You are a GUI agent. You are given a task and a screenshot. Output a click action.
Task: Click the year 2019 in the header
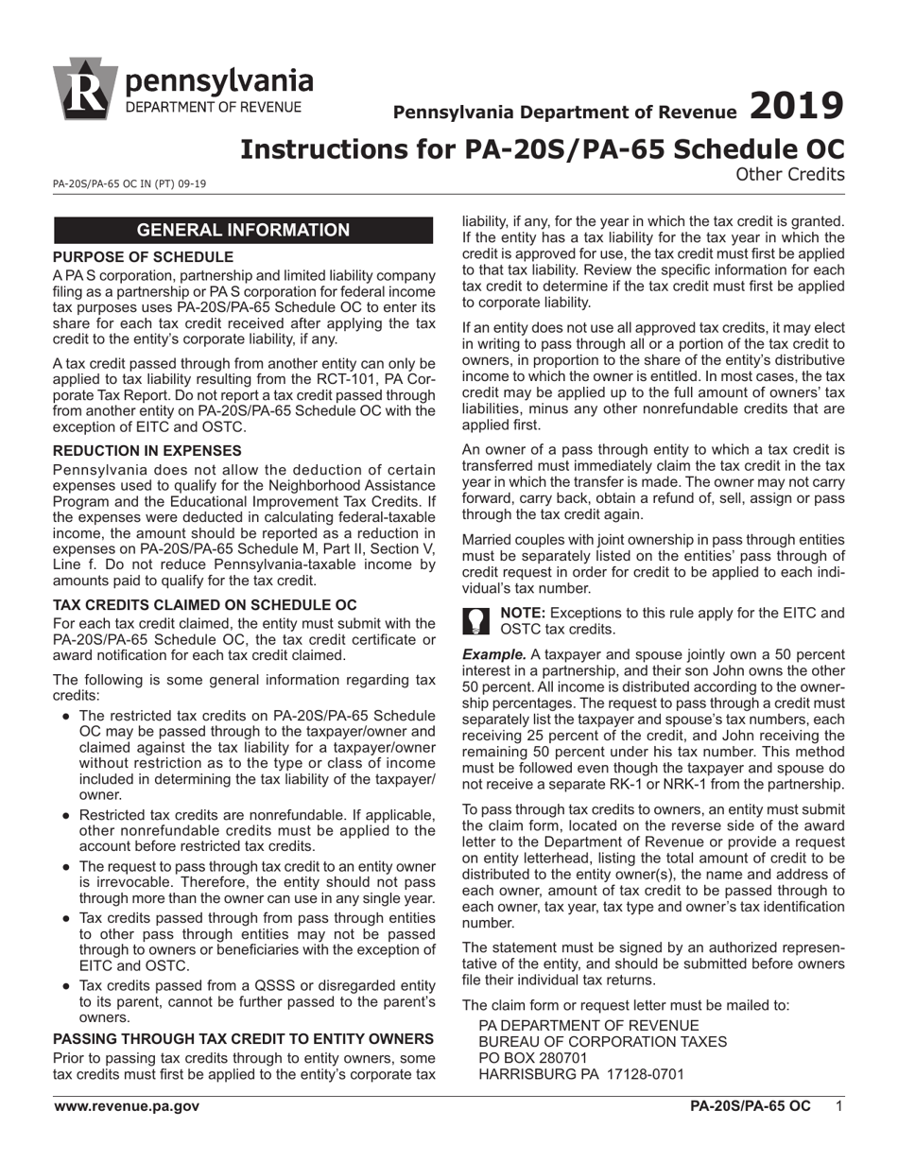point(796,106)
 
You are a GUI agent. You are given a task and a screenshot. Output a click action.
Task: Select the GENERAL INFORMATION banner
point(243,230)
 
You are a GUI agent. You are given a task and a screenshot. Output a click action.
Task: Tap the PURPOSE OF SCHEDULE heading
point(143,257)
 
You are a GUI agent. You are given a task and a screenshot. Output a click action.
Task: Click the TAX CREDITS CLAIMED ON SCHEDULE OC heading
point(205,604)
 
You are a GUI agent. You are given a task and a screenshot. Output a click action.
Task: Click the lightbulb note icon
point(476,621)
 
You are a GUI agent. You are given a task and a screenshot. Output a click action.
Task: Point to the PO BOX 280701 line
point(533,1057)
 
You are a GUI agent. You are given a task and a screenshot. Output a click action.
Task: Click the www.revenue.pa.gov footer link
point(126,1105)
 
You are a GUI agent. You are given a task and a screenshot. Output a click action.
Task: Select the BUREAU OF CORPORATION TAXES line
point(603,1041)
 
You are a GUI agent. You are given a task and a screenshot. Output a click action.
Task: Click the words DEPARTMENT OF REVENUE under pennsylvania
point(214,107)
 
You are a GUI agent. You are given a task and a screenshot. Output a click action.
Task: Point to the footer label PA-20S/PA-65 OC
point(750,1105)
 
